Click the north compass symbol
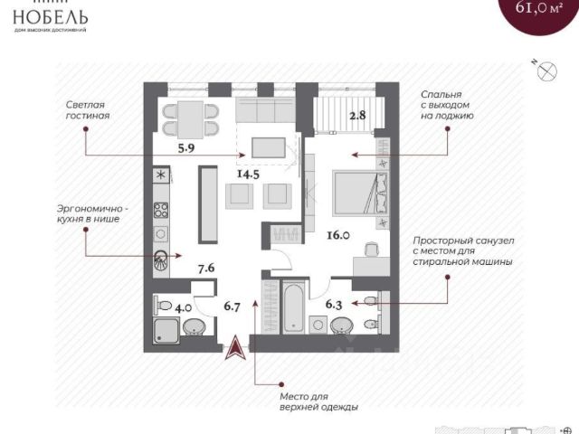point(546,75)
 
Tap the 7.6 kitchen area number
point(205,268)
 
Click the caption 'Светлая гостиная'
point(88,110)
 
